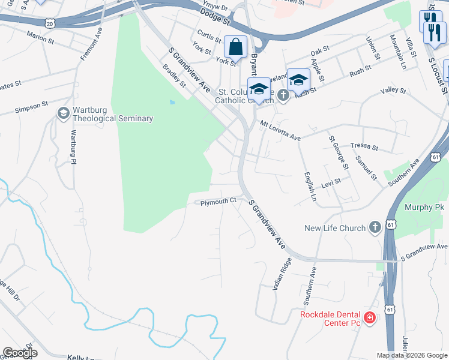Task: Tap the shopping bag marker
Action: coord(236,47)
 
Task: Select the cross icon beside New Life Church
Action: coord(375,227)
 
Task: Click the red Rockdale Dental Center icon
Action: coord(369,318)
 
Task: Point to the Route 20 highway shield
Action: coord(50,23)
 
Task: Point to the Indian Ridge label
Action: coord(282,275)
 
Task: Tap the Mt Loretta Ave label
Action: coord(280,130)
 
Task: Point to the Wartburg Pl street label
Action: coord(74,147)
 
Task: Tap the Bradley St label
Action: coord(174,76)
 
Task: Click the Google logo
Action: coord(20,353)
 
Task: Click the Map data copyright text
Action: coord(411,355)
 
